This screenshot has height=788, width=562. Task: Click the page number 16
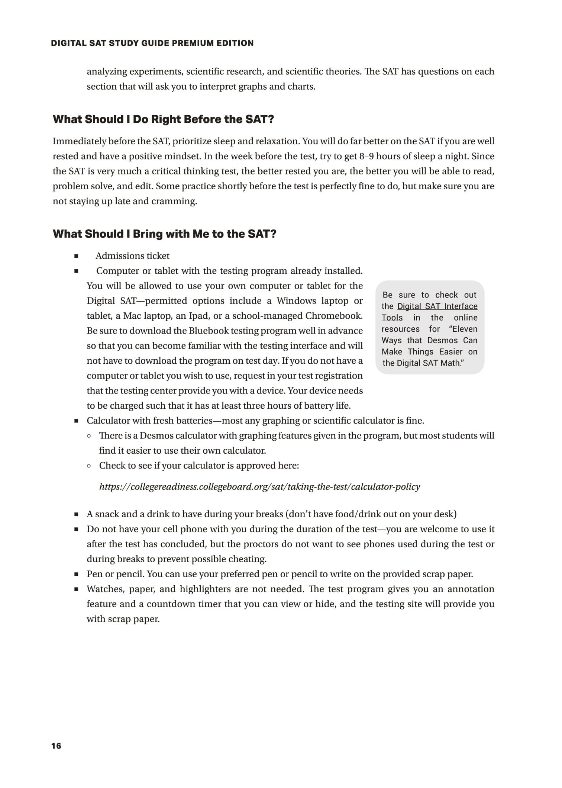coord(56,746)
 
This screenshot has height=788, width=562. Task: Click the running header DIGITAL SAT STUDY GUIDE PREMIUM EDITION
coord(152,43)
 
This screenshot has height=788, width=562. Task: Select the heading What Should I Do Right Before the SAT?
coord(163,119)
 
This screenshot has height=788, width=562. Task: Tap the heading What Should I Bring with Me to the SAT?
coord(164,234)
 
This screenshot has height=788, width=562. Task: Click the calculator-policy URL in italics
coord(259,487)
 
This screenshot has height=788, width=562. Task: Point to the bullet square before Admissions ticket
coord(76,256)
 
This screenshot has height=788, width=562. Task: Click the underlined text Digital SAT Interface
coord(437,306)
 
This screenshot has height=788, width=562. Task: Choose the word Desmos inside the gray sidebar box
coord(442,341)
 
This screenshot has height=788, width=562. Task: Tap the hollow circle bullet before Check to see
coord(89,466)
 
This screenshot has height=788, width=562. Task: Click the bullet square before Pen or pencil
coord(76,574)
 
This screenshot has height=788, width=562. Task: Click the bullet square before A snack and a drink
coord(76,514)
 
